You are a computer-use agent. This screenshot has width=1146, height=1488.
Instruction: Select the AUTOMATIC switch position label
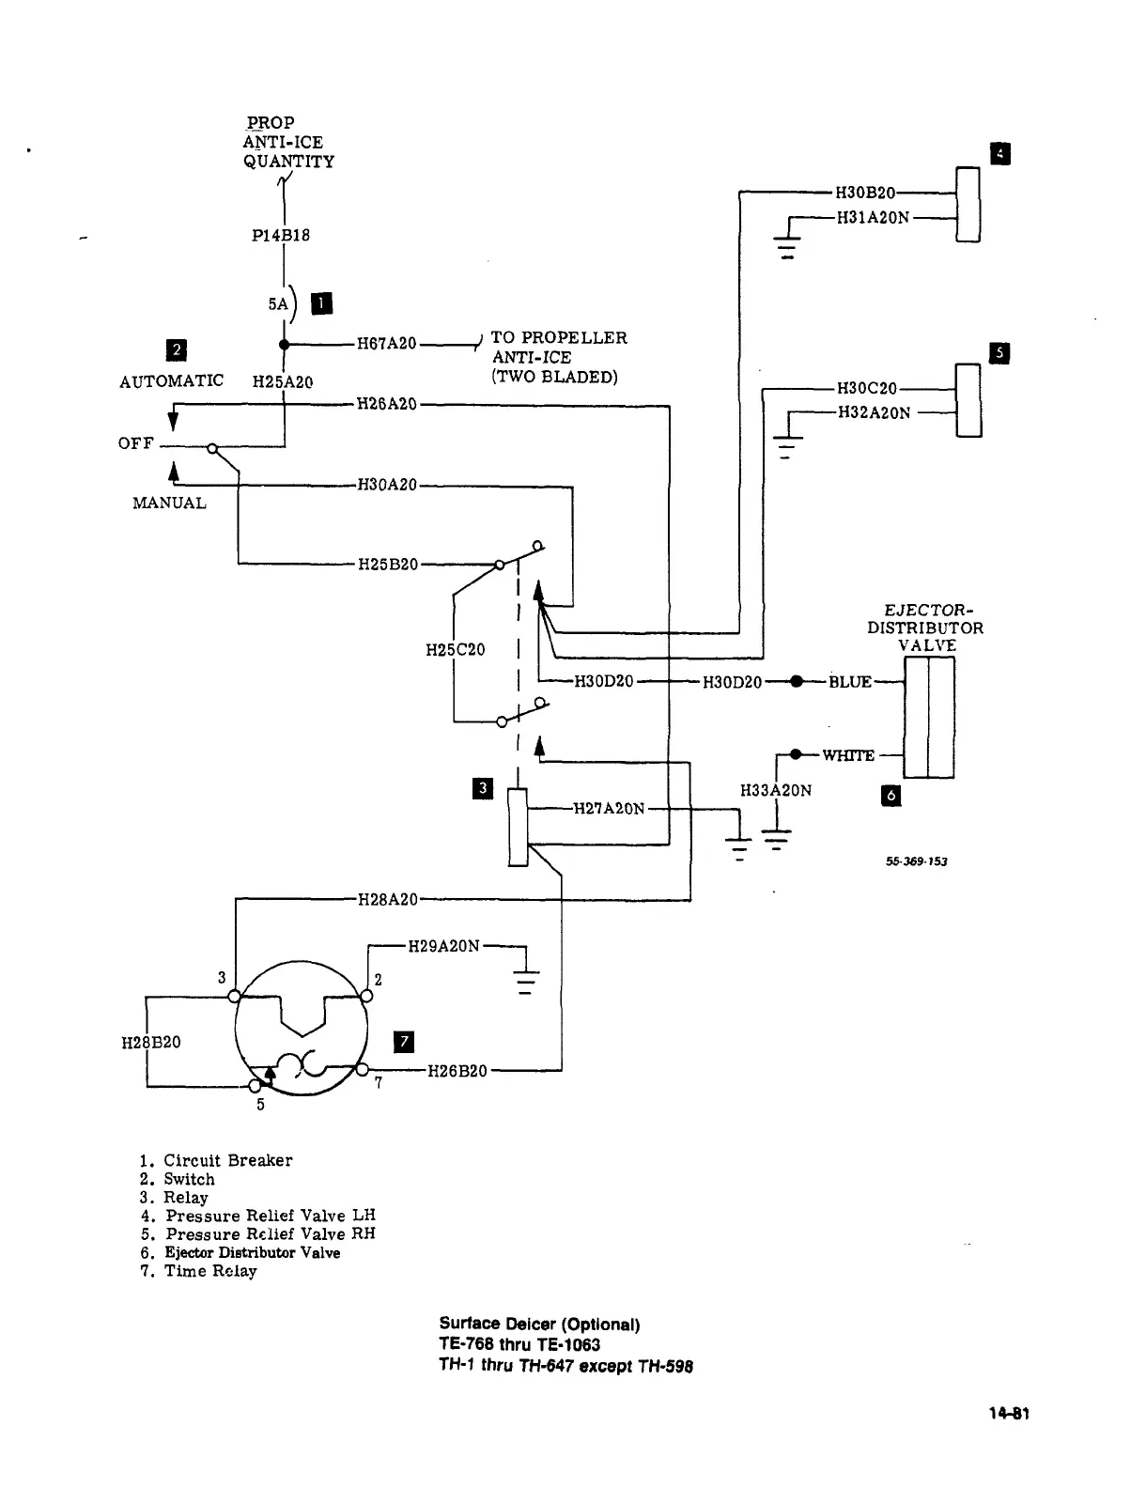[x=172, y=380]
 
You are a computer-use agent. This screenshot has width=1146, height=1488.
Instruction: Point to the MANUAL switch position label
[x=169, y=503]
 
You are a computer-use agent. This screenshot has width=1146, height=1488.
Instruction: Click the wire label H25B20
[x=388, y=565]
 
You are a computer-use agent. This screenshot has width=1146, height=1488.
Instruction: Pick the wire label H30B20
[x=864, y=194]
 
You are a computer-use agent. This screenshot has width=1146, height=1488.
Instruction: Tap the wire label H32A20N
[x=874, y=412]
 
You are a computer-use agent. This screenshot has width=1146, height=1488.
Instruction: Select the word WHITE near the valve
[x=848, y=755]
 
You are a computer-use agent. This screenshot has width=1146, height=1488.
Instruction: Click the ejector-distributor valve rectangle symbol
[x=928, y=718]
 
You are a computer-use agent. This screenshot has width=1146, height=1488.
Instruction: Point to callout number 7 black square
[x=402, y=1041]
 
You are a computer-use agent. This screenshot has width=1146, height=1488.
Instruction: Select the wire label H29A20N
[x=443, y=945]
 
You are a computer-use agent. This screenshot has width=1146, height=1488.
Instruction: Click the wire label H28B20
[x=151, y=1043]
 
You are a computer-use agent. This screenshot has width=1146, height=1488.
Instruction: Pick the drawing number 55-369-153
[x=915, y=861]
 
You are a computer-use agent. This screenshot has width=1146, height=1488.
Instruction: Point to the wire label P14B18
[x=281, y=235]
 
